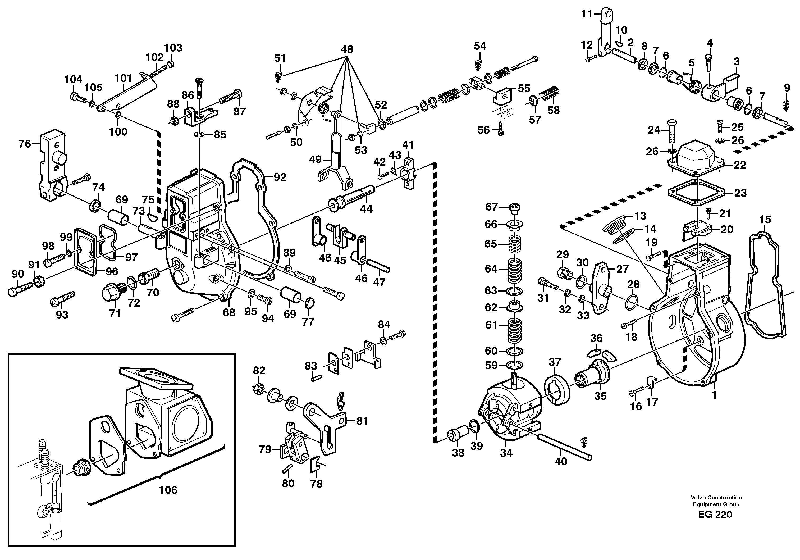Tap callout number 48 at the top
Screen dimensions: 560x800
(x=347, y=49)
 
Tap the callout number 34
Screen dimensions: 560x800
(x=506, y=453)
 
